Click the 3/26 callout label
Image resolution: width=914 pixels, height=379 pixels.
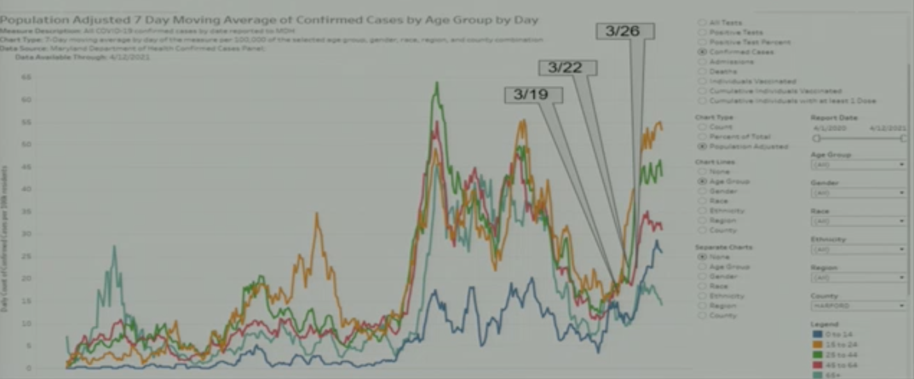pyautogui.click(x=626, y=31)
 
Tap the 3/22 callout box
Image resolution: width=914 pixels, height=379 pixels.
pyautogui.click(x=568, y=68)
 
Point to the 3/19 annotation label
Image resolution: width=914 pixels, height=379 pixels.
pyautogui.click(x=534, y=95)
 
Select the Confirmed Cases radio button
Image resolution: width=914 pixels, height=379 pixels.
pyautogui.click(x=703, y=52)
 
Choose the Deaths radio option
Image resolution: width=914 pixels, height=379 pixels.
pyautogui.click(x=703, y=72)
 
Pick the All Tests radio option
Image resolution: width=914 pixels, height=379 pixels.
pyautogui.click(x=703, y=22)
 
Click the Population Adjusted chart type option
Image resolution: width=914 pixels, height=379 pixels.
pyautogui.click(x=703, y=146)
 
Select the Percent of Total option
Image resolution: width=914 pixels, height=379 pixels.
pyautogui.click(x=703, y=137)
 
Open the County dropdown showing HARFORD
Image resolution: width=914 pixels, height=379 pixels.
pyautogui.click(x=858, y=306)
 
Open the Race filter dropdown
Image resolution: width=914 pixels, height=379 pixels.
pyautogui.click(x=858, y=221)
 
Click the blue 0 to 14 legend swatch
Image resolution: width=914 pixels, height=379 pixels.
pyautogui.click(x=817, y=334)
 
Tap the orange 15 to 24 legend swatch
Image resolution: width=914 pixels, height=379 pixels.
pyautogui.click(x=817, y=344)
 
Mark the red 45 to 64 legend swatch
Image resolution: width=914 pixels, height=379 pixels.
pyautogui.click(x=817, y=364)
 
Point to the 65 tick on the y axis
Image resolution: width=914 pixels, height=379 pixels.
pyautogui.click(x=26, y=77)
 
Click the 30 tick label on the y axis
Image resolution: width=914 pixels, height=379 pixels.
pyautogui.click(x=26, y=234)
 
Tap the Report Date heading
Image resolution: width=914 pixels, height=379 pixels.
pyautogui.click(x=834, y=118)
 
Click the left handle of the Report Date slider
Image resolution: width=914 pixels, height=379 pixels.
pyautogui.click(x=816, y=138)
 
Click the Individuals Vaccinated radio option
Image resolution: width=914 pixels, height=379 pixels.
pyautogui.click(x=703, y=81)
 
